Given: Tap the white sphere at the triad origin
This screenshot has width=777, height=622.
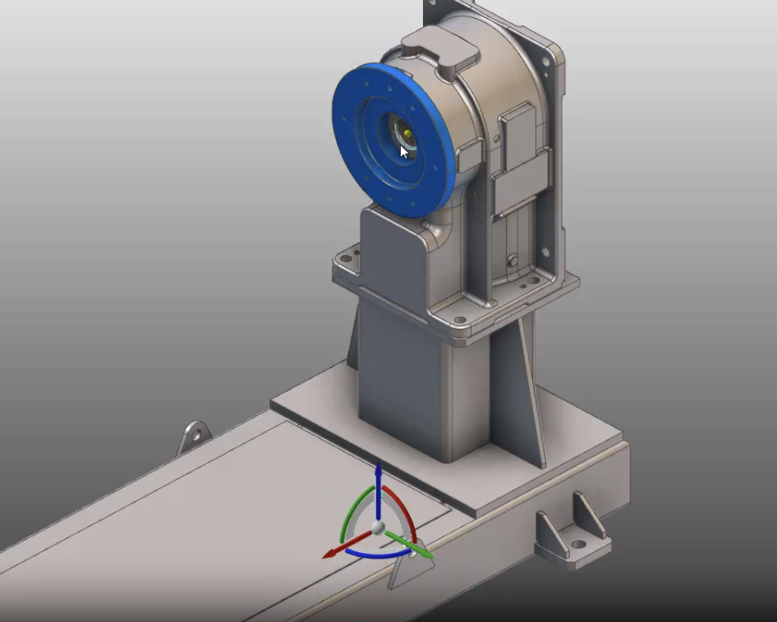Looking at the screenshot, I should pos(377,528).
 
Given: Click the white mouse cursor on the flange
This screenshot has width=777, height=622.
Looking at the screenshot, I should pos(403,152).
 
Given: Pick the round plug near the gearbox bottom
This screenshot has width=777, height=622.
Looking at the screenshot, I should pos(513,260).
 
